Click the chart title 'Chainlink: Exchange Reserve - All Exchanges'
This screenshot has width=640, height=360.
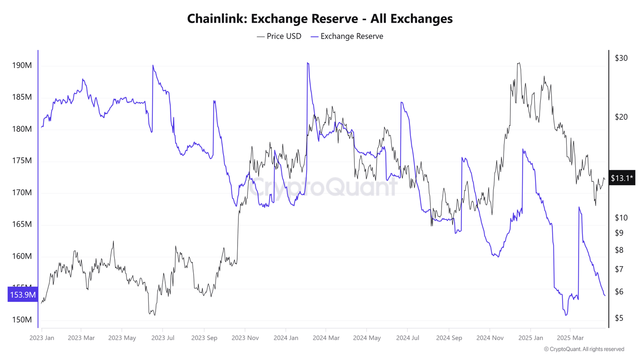tap(320, 19)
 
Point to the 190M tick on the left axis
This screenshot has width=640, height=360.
tap(22, 65)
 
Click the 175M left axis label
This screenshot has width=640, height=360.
tap(22, 160)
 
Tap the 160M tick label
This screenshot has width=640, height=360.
tap(22, 256)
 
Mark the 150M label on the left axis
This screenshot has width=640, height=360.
tap(22, 320)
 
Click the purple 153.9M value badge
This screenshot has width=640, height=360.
tap(23, 295)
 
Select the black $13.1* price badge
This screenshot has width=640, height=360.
tap(622, 178)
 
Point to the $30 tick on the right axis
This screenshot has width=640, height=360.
tap(621, 58)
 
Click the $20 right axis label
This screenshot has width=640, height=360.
tap(621, 117)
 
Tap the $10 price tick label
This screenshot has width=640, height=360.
tap(621, 218)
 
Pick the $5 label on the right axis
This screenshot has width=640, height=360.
tap(619, 318)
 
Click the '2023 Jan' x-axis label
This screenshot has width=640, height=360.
tap(42, 338)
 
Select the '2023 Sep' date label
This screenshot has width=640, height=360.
tap(204, 338)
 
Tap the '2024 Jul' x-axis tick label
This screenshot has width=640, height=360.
tap(408, 338)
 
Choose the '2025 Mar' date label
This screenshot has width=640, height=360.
tap(570, 338)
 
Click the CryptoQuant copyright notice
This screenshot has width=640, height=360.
tap(584, 349)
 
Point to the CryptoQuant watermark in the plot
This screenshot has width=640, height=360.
tap(323, 186)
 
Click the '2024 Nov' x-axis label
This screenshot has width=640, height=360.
tap(490, 338)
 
